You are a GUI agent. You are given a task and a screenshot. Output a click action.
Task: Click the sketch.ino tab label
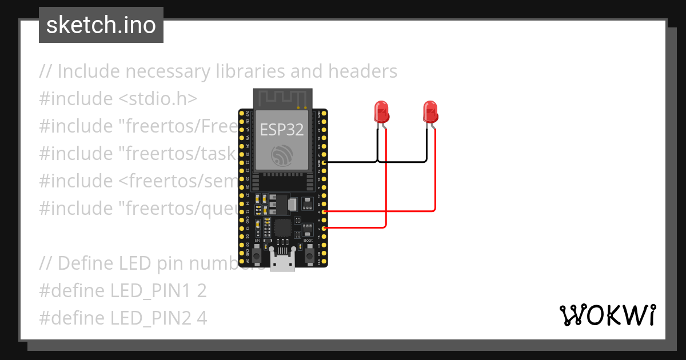(101, 25)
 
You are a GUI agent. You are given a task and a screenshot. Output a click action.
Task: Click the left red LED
(381, 112)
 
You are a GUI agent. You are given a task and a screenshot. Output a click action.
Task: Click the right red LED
(430, 112)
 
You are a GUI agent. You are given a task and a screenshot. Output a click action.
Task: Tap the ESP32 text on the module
(282, 130)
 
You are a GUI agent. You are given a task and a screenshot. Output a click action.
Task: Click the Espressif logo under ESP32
(282, 156)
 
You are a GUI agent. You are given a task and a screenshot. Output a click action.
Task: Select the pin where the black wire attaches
(324, 162)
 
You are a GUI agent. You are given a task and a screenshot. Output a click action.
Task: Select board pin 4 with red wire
(324, 211)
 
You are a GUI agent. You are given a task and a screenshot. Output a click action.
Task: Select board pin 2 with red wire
(324, 228)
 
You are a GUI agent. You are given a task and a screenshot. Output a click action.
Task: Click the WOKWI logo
(607, 315)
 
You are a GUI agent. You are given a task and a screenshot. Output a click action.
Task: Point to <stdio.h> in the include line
(158, 99)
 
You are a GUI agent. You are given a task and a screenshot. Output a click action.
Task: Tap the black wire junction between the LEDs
(378, 162)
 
